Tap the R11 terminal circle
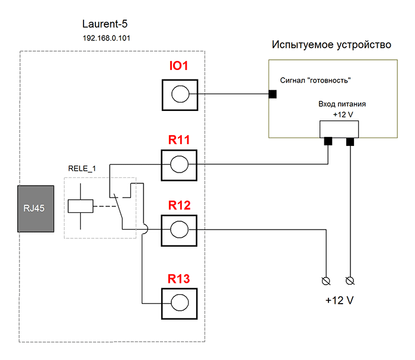point(179,164)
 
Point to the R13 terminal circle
point(179,302)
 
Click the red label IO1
point(178,66)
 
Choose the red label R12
point(178,206)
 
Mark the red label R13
point(178,278)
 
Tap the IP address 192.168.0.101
point(104,38)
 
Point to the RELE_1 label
point(82,170)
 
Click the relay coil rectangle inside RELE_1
point(81,206)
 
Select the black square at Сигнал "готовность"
point(273,94)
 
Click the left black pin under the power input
point(327,141)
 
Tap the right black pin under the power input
point(350,141)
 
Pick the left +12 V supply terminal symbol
point(325,279)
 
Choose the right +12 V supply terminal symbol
point(349,279)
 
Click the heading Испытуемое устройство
point(331,45)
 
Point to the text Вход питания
point(342,103)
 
